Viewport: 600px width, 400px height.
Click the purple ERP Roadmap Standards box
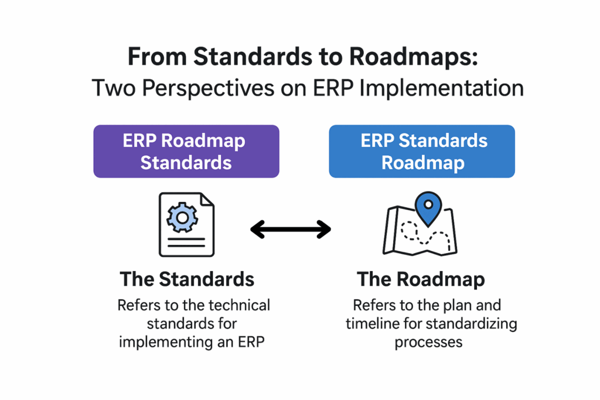coord(186,152)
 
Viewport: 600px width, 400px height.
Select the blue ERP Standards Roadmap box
coord(422,152)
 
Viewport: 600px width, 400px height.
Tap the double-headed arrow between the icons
coord(291,230)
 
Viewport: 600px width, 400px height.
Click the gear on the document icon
coord(182,218)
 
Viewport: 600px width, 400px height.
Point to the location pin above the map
coord(428,208)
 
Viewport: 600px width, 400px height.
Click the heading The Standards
coord(187,279)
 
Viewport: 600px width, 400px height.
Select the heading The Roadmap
coord(421,279)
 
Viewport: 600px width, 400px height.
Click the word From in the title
coord(157,57)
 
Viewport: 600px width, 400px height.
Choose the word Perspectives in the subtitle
coord(208,88)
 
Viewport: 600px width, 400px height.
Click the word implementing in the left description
coord(165,342)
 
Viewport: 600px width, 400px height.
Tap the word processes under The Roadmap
coord(428,342)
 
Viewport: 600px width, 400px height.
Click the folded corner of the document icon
coord(207,200)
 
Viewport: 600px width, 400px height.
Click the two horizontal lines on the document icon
coord(186,242)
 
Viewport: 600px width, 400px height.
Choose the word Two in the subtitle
coord(113,88)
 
